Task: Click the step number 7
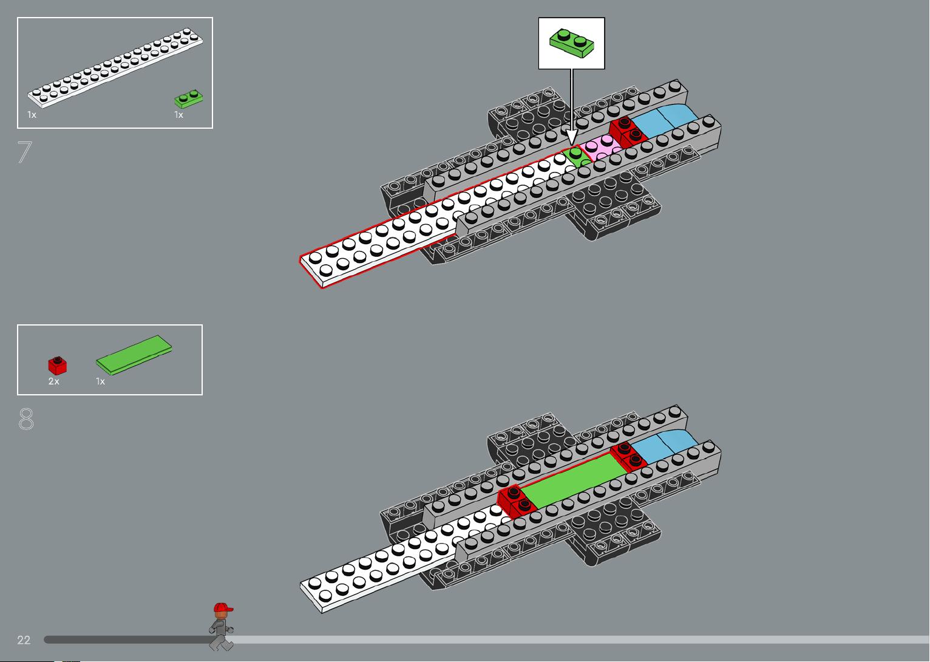point(24,152)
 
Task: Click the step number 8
point(25,418)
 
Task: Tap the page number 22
point(24,640)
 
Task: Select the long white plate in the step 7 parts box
point(115,67)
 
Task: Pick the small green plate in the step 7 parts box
point(189,99)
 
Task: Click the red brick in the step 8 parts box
point(57,366)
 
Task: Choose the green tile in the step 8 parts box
point(134,355)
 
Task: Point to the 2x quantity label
point(53,381)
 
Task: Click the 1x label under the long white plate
point(32,115)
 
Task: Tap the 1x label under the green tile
point(101,381)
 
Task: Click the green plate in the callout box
point(571,43)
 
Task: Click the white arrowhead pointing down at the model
point(572,137)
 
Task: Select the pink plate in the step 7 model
point(600,146)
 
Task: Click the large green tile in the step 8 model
point(574,480)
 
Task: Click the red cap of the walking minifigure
point(223,607)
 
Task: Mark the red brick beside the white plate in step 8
point(516,501)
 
